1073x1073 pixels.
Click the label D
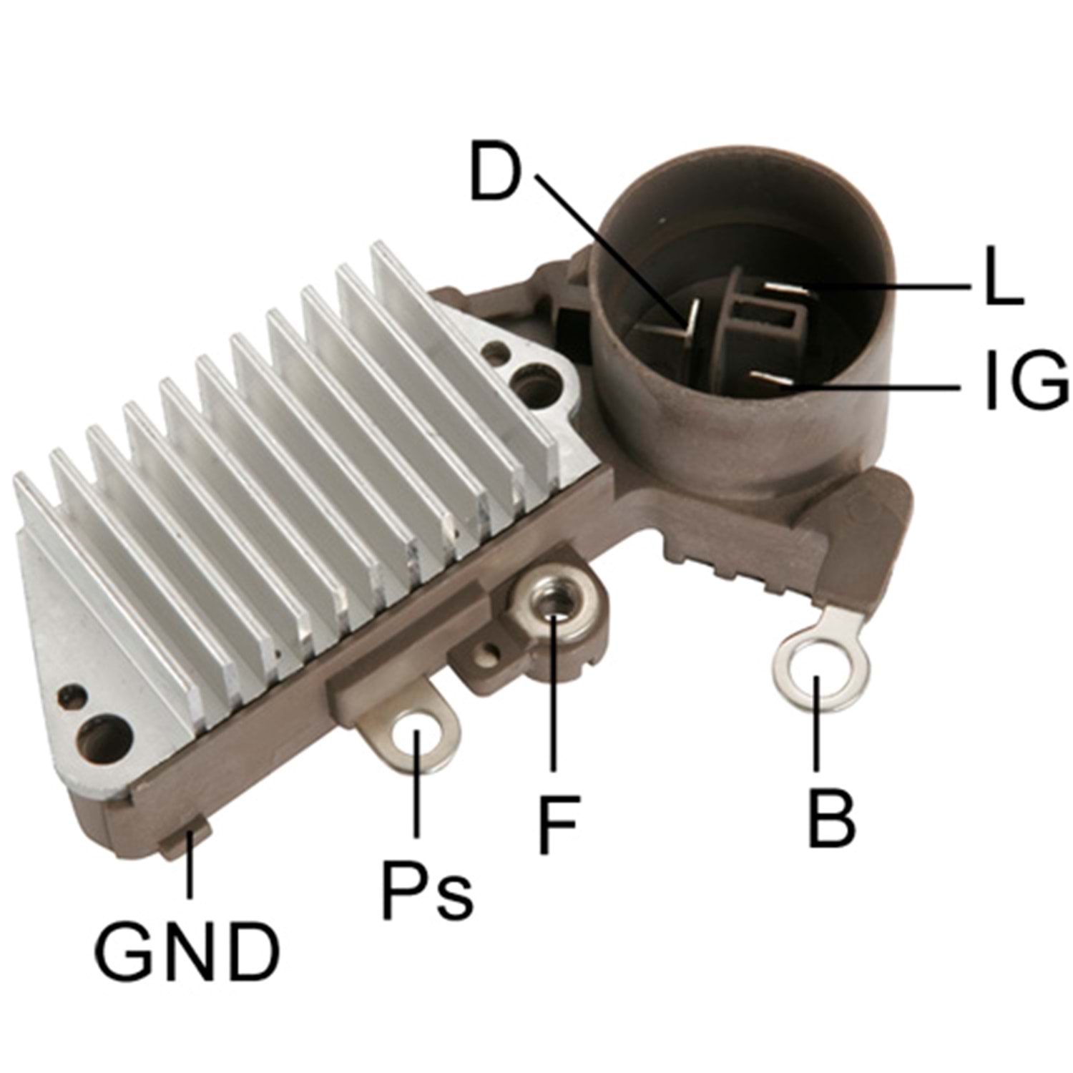494,172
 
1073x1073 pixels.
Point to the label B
832,818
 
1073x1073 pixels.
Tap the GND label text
187,951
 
